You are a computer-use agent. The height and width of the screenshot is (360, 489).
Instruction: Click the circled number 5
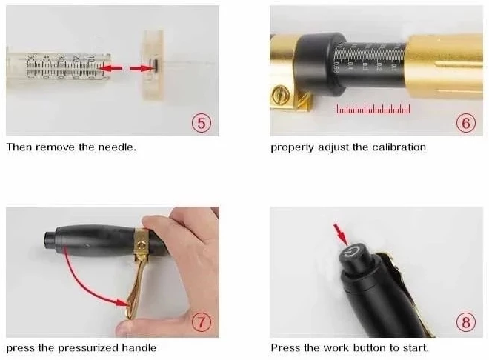[202, 123]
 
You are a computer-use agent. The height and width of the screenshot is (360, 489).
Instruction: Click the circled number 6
[465, 123]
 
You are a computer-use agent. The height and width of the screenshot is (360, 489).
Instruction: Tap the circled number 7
[202, 321]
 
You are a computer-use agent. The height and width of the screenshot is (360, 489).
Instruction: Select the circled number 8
[465, 321]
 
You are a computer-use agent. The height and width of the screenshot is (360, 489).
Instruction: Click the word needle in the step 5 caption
[117, 147]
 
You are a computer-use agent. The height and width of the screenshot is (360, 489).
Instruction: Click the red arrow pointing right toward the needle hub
[142, 68]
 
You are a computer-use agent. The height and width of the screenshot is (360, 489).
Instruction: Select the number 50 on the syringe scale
[31, 59]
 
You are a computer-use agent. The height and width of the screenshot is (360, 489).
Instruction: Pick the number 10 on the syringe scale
[90, 59]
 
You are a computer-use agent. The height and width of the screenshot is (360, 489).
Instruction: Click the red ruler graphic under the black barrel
[373, 109]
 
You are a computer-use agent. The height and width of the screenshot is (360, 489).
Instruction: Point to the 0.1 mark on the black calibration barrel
[393, 67]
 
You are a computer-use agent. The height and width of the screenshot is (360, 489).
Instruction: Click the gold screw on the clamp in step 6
[280, 94]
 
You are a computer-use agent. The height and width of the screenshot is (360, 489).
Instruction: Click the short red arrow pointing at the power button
[341, 234]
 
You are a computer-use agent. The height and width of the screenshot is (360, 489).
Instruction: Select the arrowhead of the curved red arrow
[123, 302]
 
